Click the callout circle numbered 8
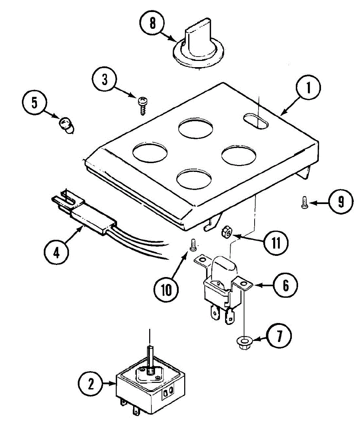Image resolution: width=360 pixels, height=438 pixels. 152,24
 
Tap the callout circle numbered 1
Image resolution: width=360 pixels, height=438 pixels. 308,88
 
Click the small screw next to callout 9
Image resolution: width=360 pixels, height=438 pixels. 303,202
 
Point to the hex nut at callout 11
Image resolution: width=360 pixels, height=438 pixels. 225,231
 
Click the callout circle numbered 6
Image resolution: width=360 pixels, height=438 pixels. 285,285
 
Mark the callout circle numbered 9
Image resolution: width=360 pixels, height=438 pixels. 340,201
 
